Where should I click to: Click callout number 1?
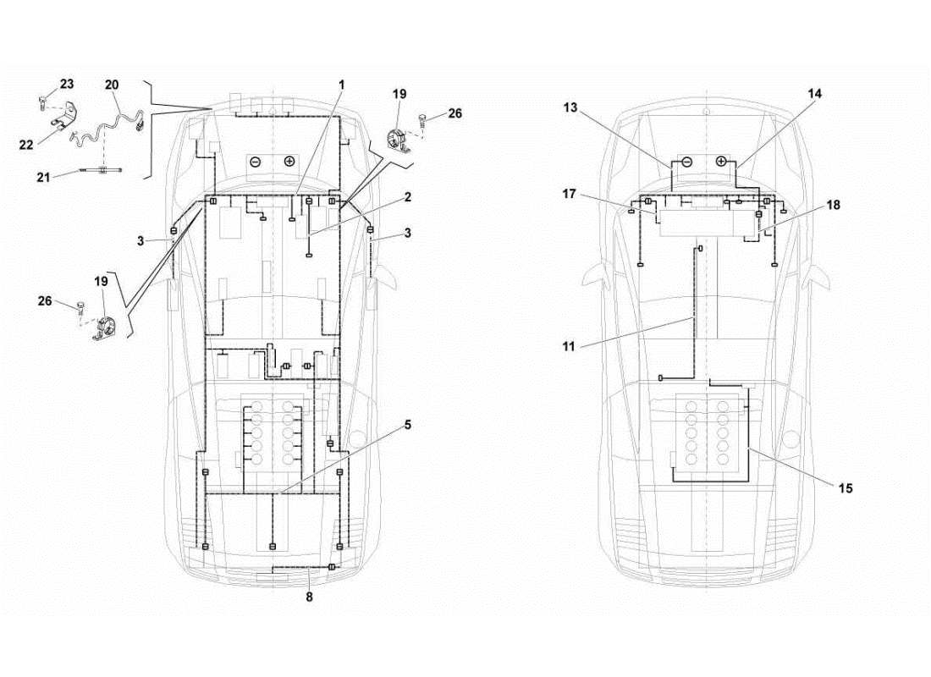342,85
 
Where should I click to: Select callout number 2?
407,197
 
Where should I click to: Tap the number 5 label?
407,424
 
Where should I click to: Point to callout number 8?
310,597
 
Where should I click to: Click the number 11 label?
568,346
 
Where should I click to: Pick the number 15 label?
846,488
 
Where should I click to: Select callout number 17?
569,194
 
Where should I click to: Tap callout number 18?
835,205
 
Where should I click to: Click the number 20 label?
112,85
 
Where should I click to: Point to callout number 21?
45,176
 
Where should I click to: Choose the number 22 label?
27,145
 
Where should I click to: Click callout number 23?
66,84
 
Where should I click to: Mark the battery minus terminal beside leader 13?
687,161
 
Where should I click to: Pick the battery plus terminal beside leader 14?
721,161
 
